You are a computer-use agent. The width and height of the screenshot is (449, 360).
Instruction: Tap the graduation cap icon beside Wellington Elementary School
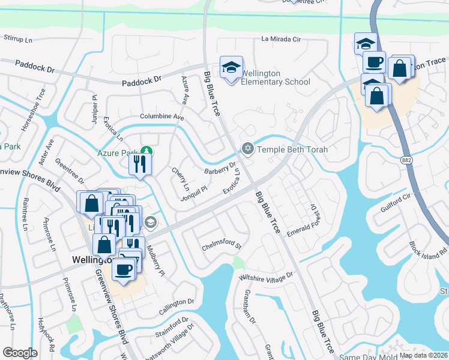pyautogui.click(x=230, y=68)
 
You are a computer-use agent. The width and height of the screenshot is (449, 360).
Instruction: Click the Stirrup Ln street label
pyautogui.click(x=18, y=40)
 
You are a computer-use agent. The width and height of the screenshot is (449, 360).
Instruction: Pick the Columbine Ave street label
pyautogui.click(x=161, y=116)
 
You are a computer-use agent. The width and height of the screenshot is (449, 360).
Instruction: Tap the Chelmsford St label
pyautogui.click(x=221, y=246)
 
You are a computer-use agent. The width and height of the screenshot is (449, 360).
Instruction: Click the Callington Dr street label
pyautogui.click(x=176, y=306)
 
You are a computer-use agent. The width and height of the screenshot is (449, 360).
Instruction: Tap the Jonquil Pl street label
pyautogui.click(x=194, y=193)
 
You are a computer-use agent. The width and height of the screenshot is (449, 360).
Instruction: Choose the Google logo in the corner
pyautogui.click(x=20, y=353)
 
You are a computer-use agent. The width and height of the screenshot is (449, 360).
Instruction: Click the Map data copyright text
pyautogui.click(x=424, y=355)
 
